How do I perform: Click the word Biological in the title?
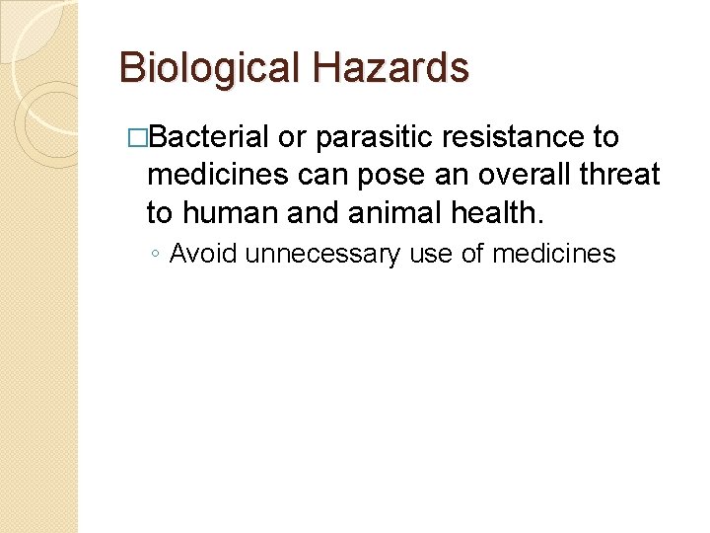coord(208,68)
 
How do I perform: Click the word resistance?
coord(524,137)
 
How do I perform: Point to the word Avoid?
coord(203,255)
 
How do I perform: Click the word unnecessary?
coord(322,255)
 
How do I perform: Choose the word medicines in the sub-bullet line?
coord(553,255)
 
